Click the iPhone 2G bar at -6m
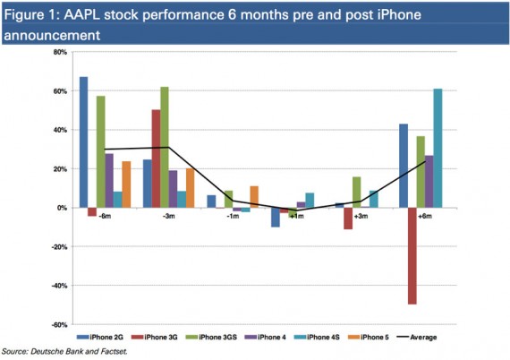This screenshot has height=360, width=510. (x=83, y=142)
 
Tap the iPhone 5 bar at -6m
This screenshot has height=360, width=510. (x=126, y=184)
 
